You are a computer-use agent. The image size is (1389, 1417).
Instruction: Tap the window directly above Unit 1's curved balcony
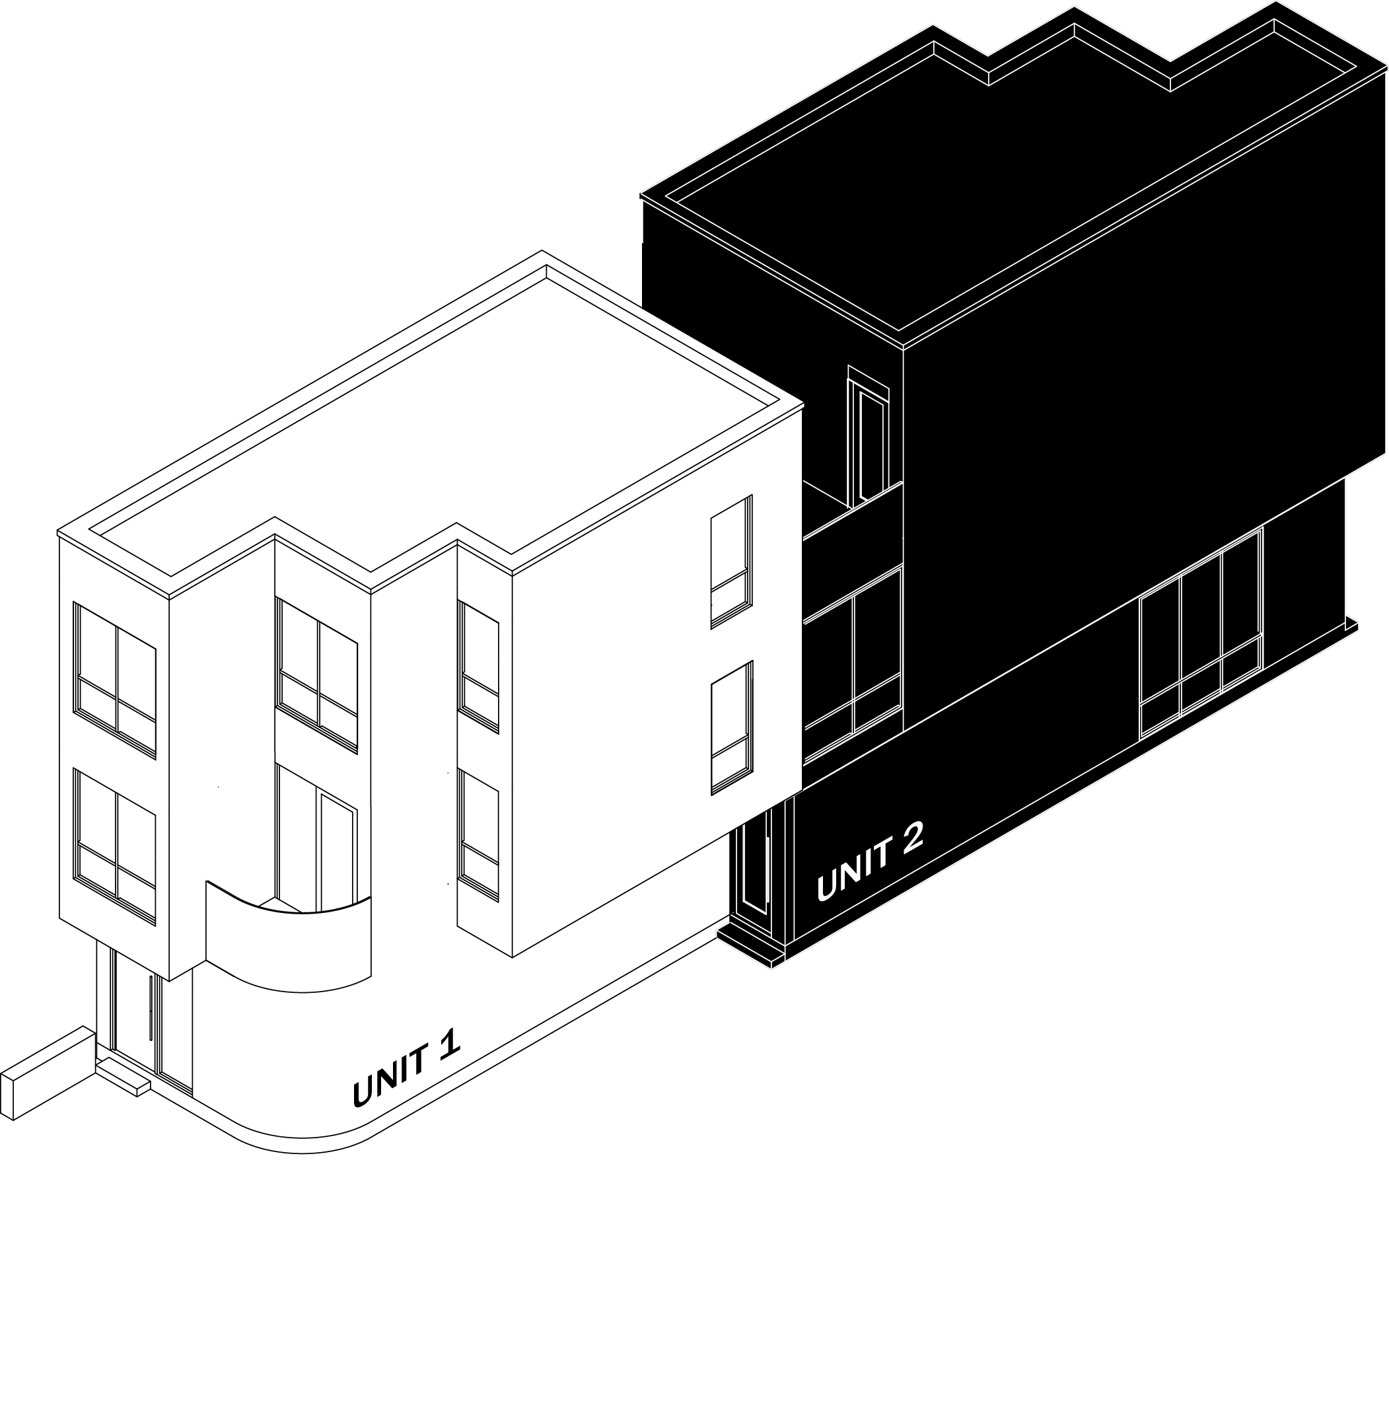(317, 674)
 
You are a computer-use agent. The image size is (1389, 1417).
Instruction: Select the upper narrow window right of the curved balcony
(479, 666)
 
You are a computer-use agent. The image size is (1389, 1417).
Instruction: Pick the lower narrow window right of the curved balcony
(479, 836)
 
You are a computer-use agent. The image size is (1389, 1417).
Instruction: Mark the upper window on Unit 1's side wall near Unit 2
(731, 561)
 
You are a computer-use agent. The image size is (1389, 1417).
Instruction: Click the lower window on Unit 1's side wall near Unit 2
(731, 727)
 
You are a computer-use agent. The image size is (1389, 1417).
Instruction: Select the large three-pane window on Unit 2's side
(1201, 631)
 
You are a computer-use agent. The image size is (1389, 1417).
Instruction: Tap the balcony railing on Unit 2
(852, 537)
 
